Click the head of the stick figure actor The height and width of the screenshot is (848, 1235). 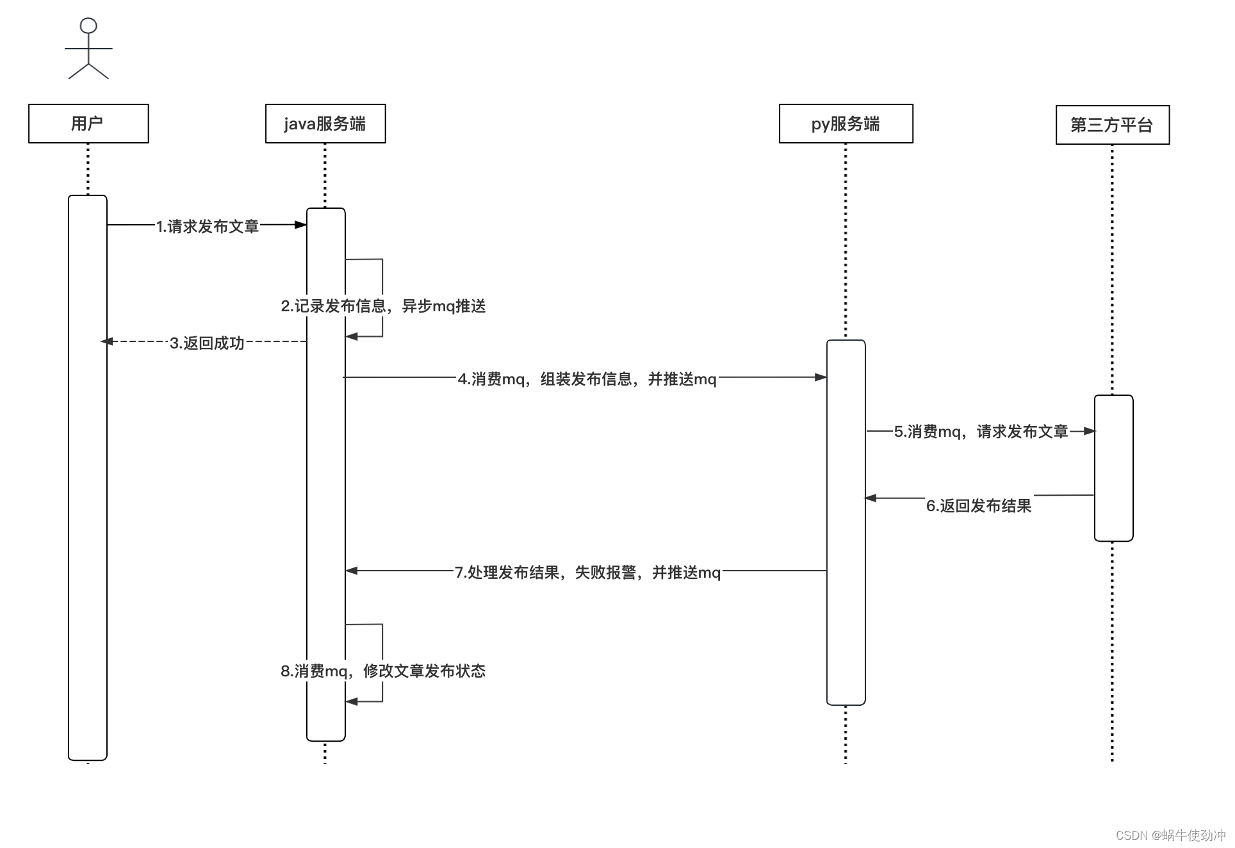(88, 26)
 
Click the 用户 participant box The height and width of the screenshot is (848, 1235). (88, 124)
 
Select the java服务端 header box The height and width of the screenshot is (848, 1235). (325, 124)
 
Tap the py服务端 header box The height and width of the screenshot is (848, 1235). (846, 124)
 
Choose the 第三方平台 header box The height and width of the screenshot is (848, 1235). (1112, 125)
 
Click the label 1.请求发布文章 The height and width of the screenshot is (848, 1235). (208, 226)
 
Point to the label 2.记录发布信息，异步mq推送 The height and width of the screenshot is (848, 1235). (383, 306)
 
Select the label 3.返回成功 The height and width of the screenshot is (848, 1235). (207, 343)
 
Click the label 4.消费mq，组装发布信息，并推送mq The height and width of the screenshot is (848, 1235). (587, 379)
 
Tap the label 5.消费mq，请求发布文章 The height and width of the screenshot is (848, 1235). (981, 432)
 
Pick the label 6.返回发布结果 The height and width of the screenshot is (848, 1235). (979, 506)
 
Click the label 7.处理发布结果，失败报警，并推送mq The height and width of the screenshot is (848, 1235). (587, 573)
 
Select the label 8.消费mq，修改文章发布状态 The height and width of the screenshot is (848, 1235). (383, 671)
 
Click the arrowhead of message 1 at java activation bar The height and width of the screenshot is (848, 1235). (300, 225)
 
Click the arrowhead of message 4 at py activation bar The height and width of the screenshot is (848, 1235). (821, 377)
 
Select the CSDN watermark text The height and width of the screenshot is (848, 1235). (1170, 835)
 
